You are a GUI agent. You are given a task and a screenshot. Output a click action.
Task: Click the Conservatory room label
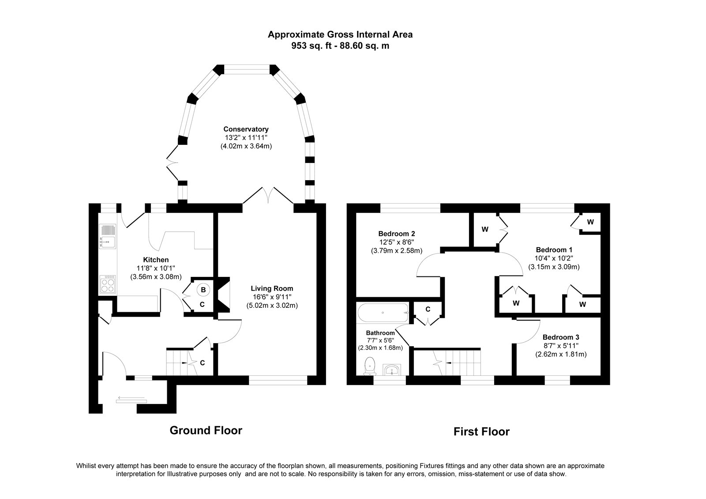pos(246,129)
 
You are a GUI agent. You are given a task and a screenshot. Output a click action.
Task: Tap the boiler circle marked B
pos(203,290)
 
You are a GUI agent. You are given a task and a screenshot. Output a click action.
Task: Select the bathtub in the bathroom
pos(382,313)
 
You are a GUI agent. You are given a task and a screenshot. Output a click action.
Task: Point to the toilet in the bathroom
pos(370,366)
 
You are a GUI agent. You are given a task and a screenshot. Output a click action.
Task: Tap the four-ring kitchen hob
pos(108,284)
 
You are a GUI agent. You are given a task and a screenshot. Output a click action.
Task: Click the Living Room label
pos(272,288)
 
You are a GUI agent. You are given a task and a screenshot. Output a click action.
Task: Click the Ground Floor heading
pos(206,430)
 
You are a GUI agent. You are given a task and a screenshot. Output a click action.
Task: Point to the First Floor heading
pos(481,431)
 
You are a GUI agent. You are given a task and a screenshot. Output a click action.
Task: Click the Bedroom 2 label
pos(396,234)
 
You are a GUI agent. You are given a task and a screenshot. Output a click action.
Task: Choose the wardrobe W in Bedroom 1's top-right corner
pos(590,222)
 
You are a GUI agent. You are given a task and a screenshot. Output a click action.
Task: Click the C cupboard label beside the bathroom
pos(428,309)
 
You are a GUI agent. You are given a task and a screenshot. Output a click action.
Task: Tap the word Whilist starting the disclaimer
pos(87,466)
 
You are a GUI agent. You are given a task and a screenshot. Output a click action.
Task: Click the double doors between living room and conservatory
pos(268,197)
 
